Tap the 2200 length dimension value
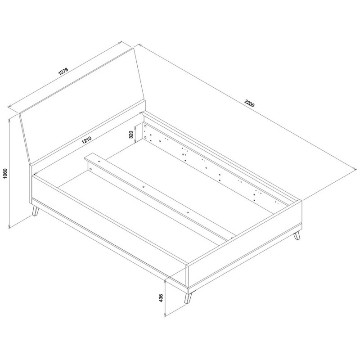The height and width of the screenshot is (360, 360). pos(250,103)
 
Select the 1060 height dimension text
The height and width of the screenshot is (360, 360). pos(5,174)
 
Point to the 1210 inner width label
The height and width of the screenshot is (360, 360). pos(86,140)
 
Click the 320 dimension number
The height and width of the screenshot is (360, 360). pos(131,134)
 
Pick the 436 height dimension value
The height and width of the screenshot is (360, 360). pos(161,298)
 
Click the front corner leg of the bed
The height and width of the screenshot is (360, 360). pos(188,298)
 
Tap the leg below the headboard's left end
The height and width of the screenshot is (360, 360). pos(35,211)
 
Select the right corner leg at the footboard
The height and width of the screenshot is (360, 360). pos(297,235)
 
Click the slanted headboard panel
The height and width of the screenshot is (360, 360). pos(82,105)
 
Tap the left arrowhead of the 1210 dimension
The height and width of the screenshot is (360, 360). pos(35,174)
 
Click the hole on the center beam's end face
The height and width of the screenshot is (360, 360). pos(90,169)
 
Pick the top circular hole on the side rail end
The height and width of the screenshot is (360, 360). pos(145,126)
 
